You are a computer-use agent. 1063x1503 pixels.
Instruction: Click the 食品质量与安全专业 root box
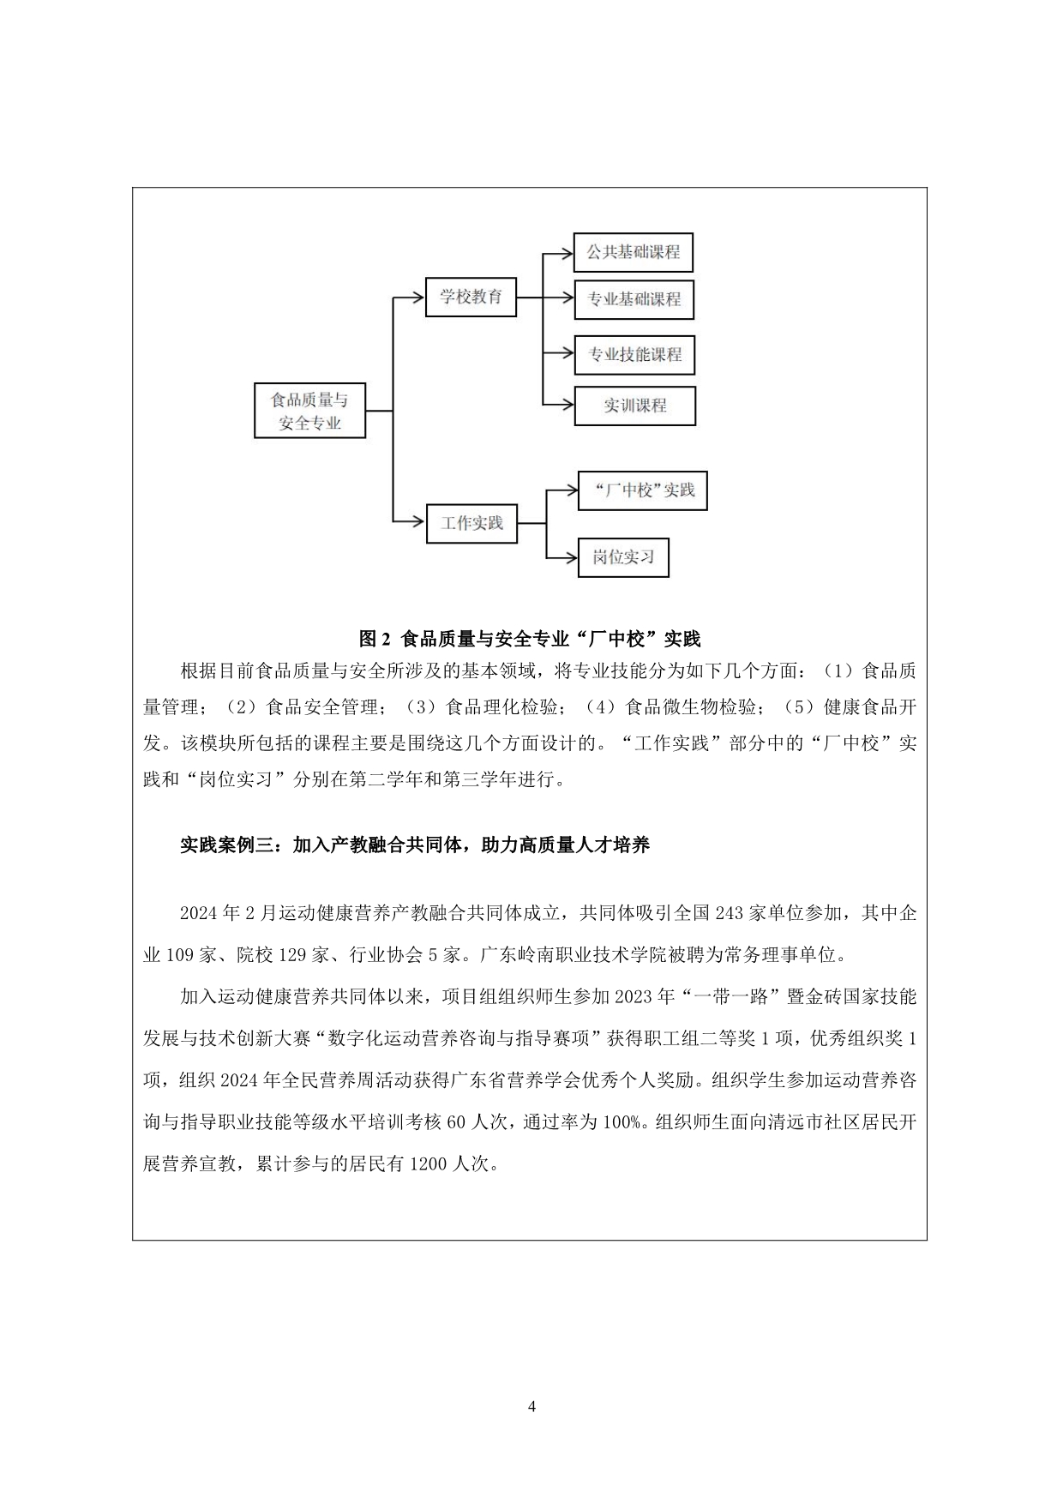(309, 411)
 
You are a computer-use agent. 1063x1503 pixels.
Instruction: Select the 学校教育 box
(471, 298)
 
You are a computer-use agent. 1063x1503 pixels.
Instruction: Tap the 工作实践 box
(471, 523)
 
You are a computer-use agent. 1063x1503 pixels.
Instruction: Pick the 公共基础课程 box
(633, 253)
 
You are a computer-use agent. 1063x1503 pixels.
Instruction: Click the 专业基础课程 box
(634, 299)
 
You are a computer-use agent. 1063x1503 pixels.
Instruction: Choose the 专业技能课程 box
(634, 354)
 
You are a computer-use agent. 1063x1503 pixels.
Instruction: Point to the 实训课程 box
(634, 406)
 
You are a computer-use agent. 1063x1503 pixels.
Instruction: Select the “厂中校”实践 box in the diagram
(642, 490)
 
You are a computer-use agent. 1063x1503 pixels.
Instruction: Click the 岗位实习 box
(622, 557)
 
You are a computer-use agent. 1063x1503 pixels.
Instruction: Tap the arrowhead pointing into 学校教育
(419, 298)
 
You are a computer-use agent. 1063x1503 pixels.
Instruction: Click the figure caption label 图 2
(375, 639)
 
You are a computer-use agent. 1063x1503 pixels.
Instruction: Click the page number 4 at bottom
(531, 1406)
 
